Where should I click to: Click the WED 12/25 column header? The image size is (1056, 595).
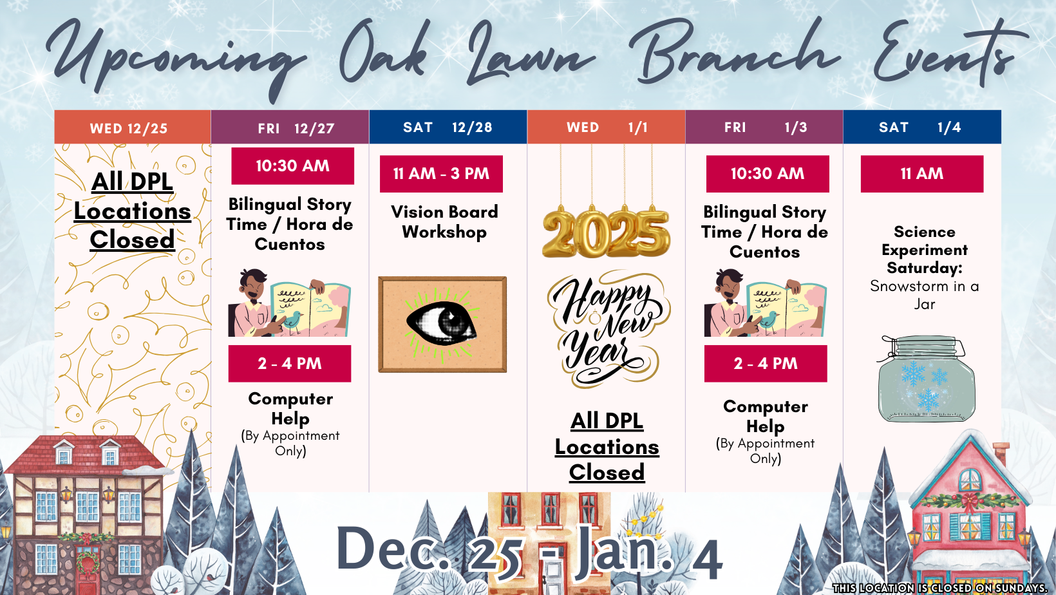132,127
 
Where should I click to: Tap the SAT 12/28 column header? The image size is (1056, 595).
448,127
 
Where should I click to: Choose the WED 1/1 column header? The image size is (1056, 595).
606,127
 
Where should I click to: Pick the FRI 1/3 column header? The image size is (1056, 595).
764,127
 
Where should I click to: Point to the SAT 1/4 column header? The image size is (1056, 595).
921,127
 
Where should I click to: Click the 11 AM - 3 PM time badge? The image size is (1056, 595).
441,174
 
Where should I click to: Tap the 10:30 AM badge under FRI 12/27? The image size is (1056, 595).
292,166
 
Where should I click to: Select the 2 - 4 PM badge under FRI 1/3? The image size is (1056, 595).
766,364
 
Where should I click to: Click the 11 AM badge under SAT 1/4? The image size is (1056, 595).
921,174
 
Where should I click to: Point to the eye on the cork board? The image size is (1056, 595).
442,323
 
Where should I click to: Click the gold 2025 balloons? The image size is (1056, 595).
606,232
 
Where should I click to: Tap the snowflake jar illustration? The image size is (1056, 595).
926,380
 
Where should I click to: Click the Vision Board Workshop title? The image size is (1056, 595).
444,222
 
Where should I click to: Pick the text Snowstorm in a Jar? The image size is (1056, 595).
924,295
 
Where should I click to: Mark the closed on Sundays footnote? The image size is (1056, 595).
939,588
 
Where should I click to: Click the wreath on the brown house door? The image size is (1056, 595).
86,562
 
